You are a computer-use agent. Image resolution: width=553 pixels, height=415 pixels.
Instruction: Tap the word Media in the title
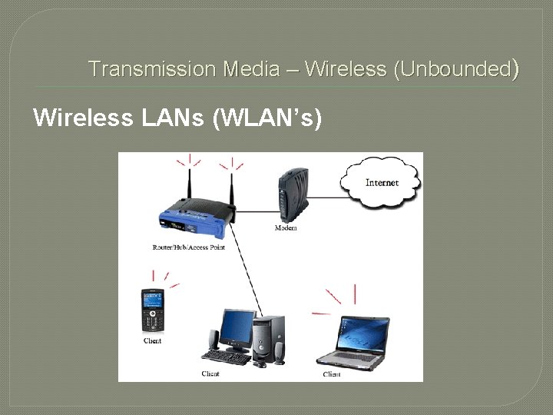click(251, 69)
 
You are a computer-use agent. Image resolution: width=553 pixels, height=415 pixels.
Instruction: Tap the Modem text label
click(286, 228)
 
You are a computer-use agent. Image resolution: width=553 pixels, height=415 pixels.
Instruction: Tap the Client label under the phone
click(152, 340)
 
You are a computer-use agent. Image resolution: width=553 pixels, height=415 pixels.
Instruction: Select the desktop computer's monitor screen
click(235, 327)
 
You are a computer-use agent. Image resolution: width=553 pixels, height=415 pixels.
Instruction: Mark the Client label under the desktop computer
click(210, 373)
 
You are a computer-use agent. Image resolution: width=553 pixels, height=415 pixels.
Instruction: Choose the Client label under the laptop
click(332, 374)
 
